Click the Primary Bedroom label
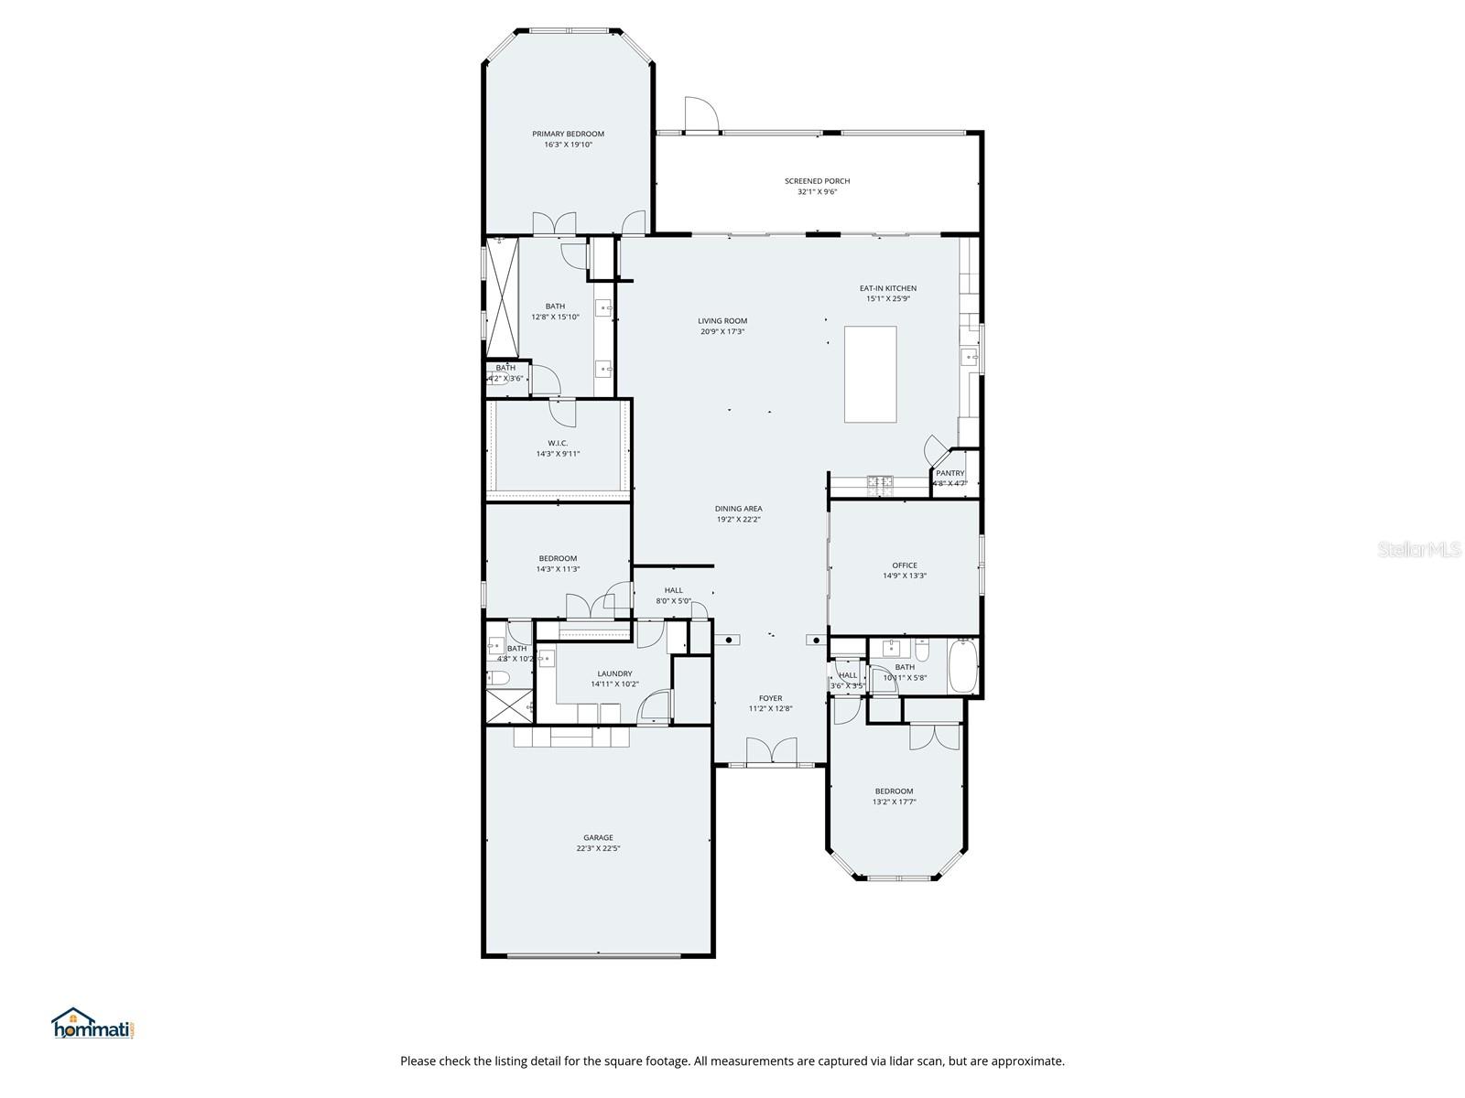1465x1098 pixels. click(568, 134)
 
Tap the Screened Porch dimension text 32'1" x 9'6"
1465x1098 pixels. click(817, 192)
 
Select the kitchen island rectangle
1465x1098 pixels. click(870, 374)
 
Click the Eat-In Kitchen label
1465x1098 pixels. click(887, 288)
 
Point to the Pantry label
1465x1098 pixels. click(950, 473)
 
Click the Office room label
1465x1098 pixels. click(905, 565)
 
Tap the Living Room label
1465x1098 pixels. click(722, 321)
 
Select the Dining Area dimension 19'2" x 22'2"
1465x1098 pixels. click(739, 520)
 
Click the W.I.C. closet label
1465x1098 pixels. click(558, 443)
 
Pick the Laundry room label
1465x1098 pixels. click(614, 673)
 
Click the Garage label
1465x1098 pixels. click(598, 837)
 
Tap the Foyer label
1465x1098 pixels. click(770, 698)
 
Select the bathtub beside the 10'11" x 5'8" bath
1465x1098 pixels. click(964, 666)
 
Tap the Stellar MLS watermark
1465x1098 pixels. click(1418, 549)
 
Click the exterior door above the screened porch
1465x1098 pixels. click(700, 114)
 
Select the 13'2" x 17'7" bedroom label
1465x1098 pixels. click(894, 791)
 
